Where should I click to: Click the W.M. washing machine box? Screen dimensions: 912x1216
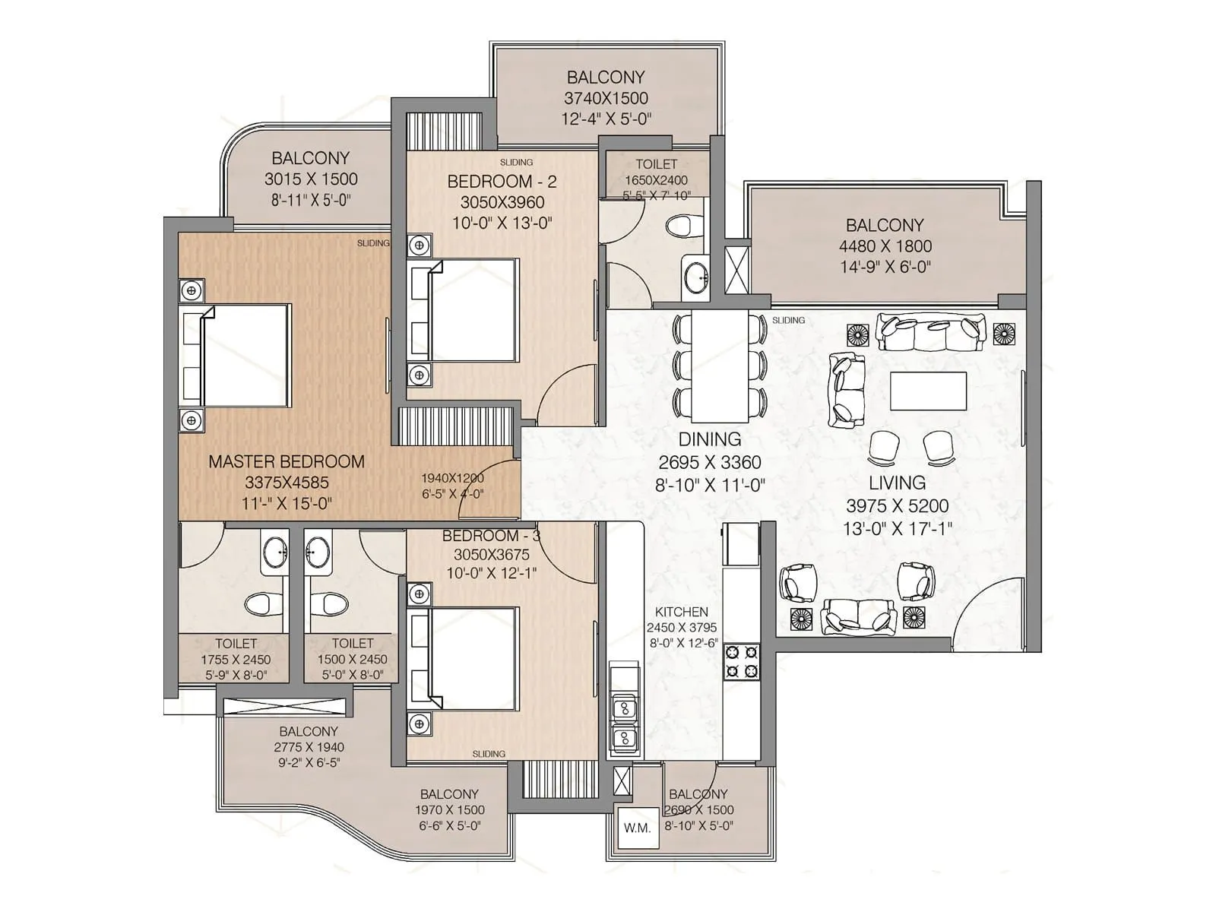pyautogui.click(x=637, y=828)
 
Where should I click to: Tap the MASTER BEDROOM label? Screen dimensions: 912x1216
pyautogui.click(x=287, y=461)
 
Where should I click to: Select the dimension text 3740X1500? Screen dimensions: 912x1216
pyautogui.click(x=606, y=98)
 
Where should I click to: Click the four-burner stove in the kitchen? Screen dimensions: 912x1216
pyautogui.click(x=741, y=661)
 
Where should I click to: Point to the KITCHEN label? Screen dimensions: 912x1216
pyautogui.click(x=682, y=612)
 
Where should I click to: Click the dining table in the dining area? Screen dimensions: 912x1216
pyautogui.click(x=719, y=366)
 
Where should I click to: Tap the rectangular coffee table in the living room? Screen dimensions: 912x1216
pyautogui.click(x=928, y=391)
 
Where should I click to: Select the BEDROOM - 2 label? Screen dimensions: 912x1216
pyautogui.click(x=502, y=182)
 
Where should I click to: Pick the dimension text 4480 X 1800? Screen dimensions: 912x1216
pyautogui.click(x=885, y=246)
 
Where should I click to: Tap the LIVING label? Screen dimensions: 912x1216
pyautogui.click(x=897, y=483)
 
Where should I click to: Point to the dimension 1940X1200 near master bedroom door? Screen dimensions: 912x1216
pyautogui.click(x=453, y=478)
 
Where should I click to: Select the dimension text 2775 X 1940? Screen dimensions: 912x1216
pyautogui.click(x=309, y=747)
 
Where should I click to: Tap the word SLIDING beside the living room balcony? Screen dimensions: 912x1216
pyautogui.click(x=788, y=320)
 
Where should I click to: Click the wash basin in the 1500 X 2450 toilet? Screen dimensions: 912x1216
pyautogui.click(x=318, y=550)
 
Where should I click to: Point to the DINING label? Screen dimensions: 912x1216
pyautogui.click(x=710, y=439)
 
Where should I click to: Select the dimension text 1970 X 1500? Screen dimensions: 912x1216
pyautogui.click(x=449, y=810)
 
